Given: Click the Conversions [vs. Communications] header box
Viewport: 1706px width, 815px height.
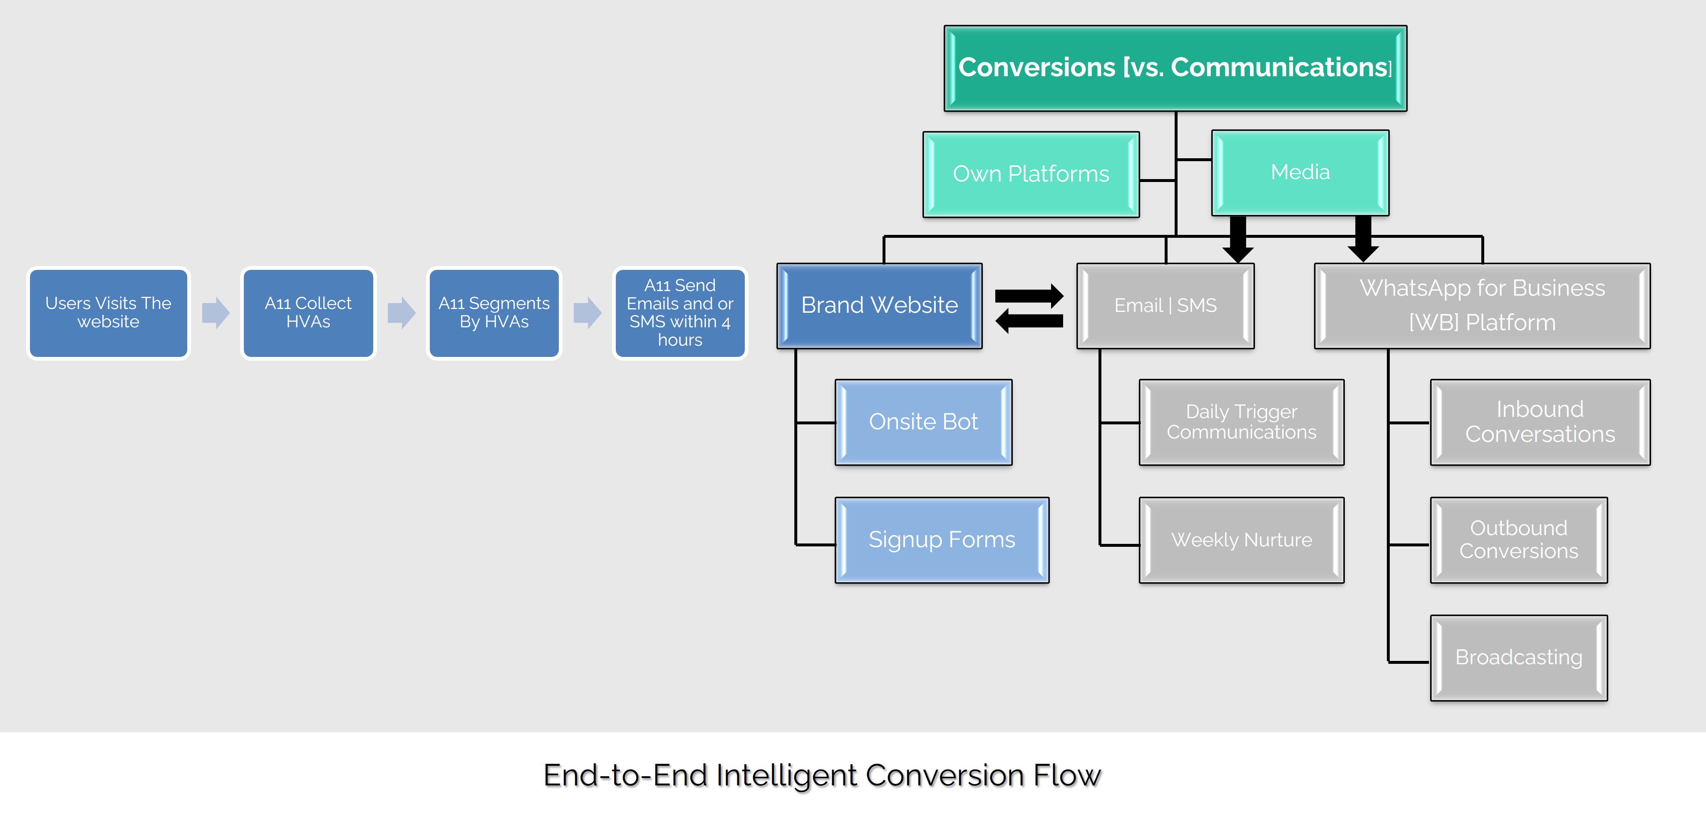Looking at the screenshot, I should [1175, 68].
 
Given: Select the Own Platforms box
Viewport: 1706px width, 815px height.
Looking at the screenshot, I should [1031, 174].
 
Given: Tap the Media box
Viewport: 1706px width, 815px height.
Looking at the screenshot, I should [1299, 172].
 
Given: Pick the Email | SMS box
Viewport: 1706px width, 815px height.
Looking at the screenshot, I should [1165, 305].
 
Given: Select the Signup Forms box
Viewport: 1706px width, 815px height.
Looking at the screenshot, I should [941, 540].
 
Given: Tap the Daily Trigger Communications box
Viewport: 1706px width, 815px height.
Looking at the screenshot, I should [1241, 422].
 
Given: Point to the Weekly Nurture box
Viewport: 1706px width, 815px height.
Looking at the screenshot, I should [1241, 540].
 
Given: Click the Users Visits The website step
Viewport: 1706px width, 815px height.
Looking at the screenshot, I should [109, 313].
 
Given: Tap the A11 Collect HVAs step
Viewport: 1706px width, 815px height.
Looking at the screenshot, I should [308, 313].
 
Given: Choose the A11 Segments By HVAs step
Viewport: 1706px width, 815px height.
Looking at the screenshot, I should [494, 313].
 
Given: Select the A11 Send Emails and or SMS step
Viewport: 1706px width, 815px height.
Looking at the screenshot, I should [680, 313].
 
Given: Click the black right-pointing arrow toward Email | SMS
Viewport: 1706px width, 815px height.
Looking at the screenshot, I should [1029, 296].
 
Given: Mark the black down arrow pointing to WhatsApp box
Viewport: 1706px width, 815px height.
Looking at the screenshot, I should [1363, 240].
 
